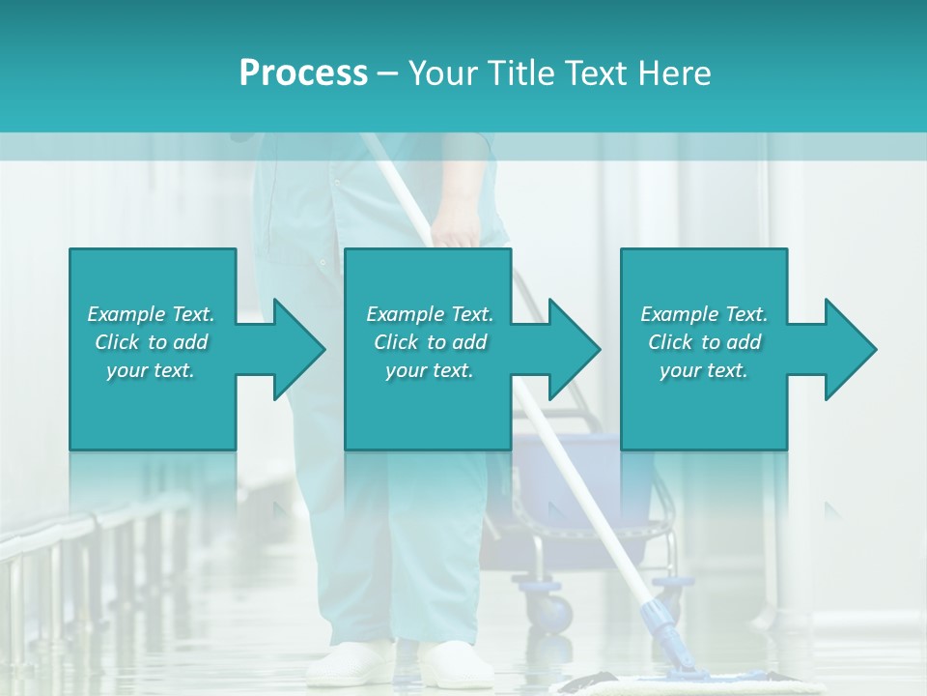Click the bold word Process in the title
[303, 73]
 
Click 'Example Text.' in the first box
[151, 314]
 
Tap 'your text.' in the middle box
[429, 370]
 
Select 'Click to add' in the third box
[704, 342]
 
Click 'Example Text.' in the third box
[704, 314]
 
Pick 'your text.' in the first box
[151, 370]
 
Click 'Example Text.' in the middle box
[429, 314]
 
